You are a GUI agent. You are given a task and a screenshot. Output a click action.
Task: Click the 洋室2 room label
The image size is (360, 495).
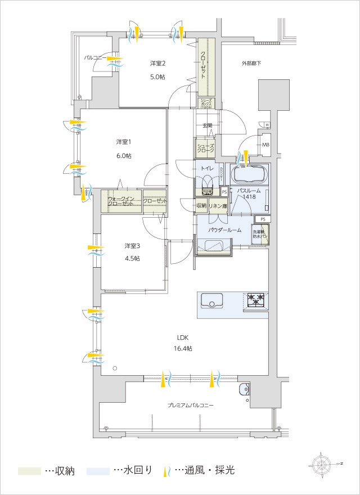click(157, 62)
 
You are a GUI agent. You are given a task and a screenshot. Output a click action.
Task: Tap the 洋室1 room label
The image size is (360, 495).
click(124, 141)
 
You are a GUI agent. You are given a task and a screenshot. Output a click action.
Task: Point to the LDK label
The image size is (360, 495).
click(183, 337)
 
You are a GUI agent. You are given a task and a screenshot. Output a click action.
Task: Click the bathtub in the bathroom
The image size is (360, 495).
click(251, 173)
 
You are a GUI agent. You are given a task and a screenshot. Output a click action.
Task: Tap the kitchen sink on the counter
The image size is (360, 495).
click(211, 301)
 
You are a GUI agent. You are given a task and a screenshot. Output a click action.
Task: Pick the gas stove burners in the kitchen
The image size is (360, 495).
click(256, 300)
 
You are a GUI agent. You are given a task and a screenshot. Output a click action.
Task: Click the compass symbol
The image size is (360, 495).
click(322, 463)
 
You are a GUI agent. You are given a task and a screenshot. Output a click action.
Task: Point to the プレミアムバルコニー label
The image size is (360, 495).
click(190, 405)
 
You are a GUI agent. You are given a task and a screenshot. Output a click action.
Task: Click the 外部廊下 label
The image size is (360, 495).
click(251, 64)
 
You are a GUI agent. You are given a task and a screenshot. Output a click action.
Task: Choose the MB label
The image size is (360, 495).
click(265, 145)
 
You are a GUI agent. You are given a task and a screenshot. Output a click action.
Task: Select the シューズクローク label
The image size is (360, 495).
click(205, 148)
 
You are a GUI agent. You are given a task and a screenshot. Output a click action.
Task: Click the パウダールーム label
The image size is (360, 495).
click(224, 230)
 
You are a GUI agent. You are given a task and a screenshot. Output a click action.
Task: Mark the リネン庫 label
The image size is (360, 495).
click(217, 206)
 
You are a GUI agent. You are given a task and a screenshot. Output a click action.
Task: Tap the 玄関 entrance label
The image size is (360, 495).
click(207, 125)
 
